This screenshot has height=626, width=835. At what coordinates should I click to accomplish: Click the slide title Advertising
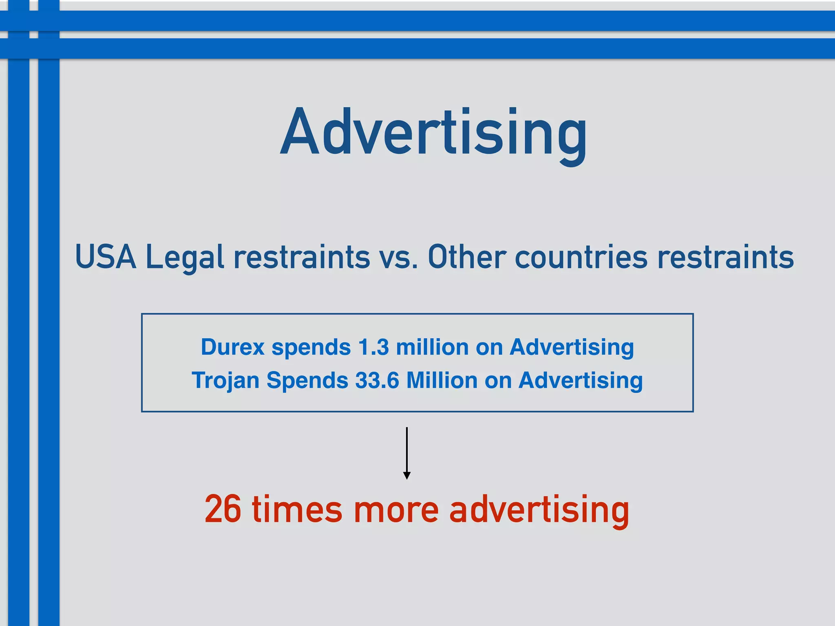[433, 132]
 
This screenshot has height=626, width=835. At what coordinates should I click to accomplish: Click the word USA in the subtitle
[106, 257]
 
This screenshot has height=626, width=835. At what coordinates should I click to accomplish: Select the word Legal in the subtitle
[185, 257]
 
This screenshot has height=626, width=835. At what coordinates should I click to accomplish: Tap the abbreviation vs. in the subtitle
[398, 257]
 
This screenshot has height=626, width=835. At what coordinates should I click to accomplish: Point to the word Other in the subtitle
[466, 257]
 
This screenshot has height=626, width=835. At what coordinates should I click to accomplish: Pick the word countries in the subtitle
[581, 257]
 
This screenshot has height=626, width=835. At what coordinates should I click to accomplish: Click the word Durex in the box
[233, 347]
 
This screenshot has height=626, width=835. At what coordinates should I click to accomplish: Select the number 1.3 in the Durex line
[373, 347]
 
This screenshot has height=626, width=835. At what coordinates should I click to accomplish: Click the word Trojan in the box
[225, 381]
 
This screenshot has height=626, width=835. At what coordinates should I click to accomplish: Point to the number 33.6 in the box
[377, 381]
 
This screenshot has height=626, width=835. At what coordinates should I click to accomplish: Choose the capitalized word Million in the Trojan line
[442, 381]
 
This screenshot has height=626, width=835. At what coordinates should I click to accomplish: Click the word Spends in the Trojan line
[307, 381]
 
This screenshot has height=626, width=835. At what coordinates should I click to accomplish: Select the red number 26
[223, 509]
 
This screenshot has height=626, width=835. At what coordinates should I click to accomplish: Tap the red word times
[297, 509]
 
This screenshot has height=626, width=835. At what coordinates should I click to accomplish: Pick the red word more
[396, 509]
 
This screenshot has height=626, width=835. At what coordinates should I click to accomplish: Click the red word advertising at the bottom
[539, 509]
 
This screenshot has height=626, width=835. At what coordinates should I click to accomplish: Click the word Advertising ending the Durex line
[572, 347]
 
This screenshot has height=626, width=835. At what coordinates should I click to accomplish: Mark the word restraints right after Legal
[302, 257]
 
